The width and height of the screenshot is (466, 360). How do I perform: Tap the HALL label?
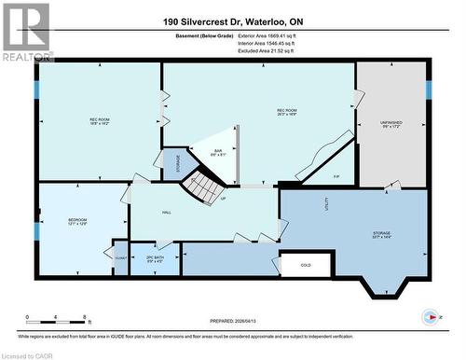click(x=166, y=213)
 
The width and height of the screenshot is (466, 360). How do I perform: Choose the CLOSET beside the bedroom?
click(x=120, y=256)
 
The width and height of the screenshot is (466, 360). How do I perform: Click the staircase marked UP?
click(x=199, y=189)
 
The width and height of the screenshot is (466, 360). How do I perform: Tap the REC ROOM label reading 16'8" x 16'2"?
click(x=99, y=120)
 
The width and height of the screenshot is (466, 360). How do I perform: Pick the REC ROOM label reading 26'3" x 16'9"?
click(x=286, y=114)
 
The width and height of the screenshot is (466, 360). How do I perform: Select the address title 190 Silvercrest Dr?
click(x=232, y=21)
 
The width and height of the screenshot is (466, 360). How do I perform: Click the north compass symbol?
click(x=430, y=316)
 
